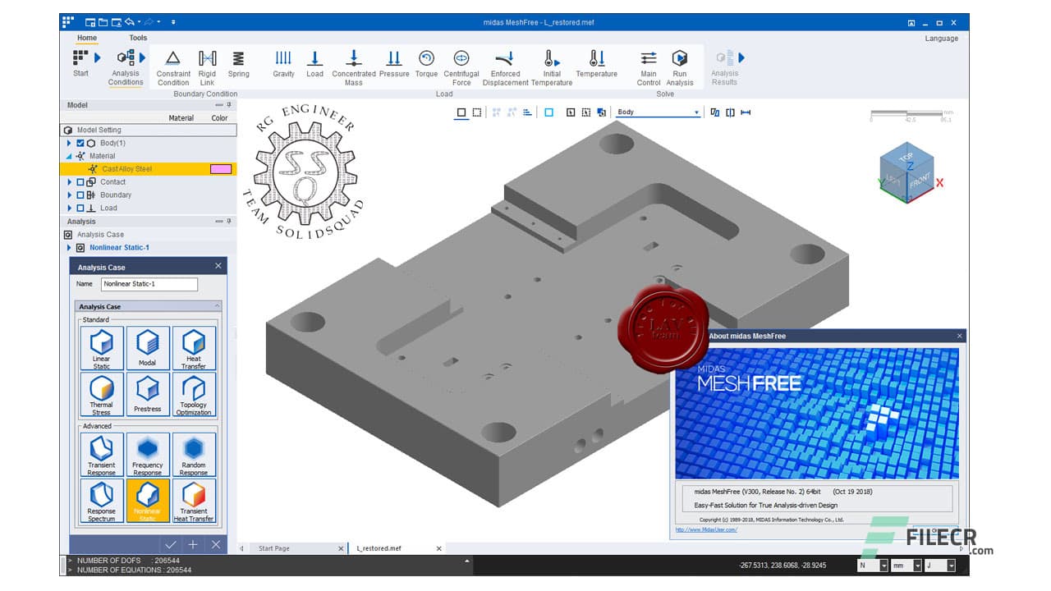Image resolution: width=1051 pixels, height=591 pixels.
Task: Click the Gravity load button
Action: (x=283, y=64)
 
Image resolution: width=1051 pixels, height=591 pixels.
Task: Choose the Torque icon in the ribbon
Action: (x=426, y=64)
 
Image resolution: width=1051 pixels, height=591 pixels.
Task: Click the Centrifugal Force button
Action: (x=461, y=66)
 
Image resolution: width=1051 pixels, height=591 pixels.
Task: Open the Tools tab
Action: (x=138, y=38)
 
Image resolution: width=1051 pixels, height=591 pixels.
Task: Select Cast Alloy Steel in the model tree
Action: (x=126, y=169)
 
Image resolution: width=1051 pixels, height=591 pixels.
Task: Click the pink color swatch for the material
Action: (x=221, y=169)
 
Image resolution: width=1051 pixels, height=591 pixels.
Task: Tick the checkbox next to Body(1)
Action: (x=80, y=143)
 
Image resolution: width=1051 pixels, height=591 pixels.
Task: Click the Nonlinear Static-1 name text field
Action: (x=149, y=284)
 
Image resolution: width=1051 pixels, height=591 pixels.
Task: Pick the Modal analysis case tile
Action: (x=148, y=347)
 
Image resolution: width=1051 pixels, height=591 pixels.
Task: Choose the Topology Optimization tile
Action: (x=194, y=394)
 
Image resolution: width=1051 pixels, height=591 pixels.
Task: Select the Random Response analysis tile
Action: (x=194, y=454)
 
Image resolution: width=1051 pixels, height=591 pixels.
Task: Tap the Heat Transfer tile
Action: (x=194, y=347)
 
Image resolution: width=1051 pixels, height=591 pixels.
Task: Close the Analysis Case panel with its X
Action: (x=218, y=266)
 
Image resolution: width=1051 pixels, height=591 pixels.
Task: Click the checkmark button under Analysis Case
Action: (x=171, y=544)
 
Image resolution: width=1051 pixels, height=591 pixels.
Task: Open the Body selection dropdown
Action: (x=696, y=112)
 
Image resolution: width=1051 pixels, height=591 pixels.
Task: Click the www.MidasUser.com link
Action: (x=706, y=529)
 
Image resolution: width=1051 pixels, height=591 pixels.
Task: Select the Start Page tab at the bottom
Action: (x=274, y=548)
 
